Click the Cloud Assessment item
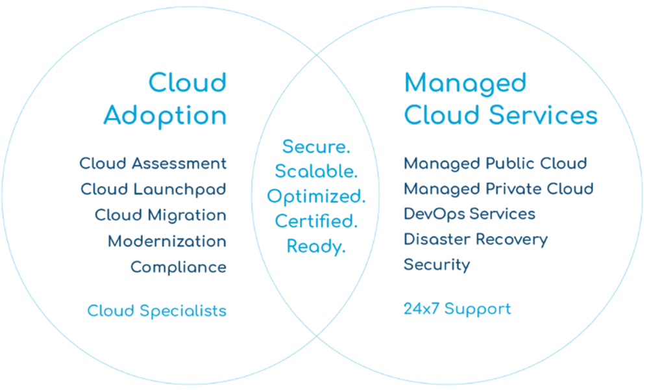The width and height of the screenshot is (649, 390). coord(153,163)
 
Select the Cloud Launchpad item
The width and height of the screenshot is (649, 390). coord(153,189)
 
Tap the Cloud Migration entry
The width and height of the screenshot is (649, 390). coord(160,215)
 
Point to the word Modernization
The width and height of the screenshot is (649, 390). coord(167,241)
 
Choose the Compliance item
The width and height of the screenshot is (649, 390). coord(178,267)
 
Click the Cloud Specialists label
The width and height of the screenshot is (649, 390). coord(157,311)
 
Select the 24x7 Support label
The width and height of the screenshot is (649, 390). coord(457,309)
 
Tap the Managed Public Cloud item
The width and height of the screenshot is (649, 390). coord(495,163)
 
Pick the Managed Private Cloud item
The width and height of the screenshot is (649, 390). coord(498,189)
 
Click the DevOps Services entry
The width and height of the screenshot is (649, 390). coord(469,214)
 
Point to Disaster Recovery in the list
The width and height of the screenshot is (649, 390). coord(476,239)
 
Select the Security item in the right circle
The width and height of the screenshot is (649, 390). coord(437,265)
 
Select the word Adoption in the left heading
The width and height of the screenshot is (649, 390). coord(165,116)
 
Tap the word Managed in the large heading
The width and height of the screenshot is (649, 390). coord(465,83)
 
